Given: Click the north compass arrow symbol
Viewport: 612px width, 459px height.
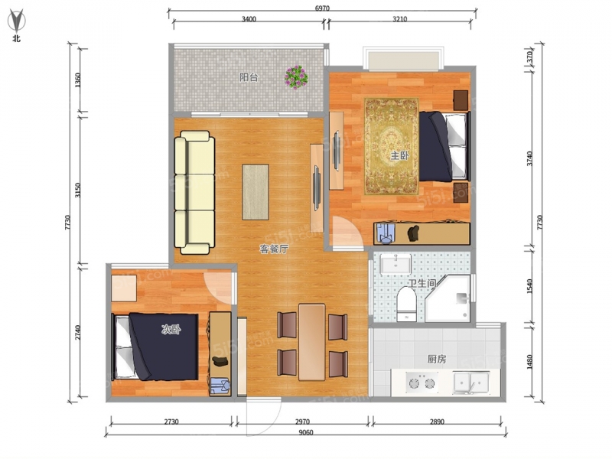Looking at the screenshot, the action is [16, 21].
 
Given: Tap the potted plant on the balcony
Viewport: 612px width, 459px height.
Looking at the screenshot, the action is [296, 77].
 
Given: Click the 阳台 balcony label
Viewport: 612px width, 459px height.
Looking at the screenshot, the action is [249, 77].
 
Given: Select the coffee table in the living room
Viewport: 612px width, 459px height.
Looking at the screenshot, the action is [256, 192].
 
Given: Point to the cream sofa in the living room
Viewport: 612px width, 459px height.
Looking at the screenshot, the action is [194, 193].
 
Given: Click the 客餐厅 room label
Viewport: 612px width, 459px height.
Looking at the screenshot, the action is [274, 249].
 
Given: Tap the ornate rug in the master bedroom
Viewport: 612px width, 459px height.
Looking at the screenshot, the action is [392, 146].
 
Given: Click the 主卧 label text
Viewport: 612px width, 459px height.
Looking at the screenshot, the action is [399, 156].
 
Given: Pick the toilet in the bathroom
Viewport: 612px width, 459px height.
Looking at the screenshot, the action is [407, 304].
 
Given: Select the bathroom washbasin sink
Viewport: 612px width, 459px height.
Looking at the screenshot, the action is [396, 264].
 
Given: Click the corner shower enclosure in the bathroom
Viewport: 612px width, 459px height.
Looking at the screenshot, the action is [449, 298].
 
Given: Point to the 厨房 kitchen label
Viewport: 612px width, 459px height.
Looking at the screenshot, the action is [437, 359].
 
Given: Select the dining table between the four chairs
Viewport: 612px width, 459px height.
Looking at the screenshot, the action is [312, 342].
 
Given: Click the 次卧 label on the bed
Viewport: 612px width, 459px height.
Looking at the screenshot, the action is [171, 330].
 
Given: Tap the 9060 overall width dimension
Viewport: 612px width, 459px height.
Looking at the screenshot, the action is [306, 432].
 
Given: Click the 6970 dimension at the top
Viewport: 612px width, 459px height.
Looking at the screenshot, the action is [322, 8].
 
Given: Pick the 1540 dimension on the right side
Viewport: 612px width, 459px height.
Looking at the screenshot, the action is [529, 286].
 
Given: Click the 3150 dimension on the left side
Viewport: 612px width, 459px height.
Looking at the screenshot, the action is [78, 190].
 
